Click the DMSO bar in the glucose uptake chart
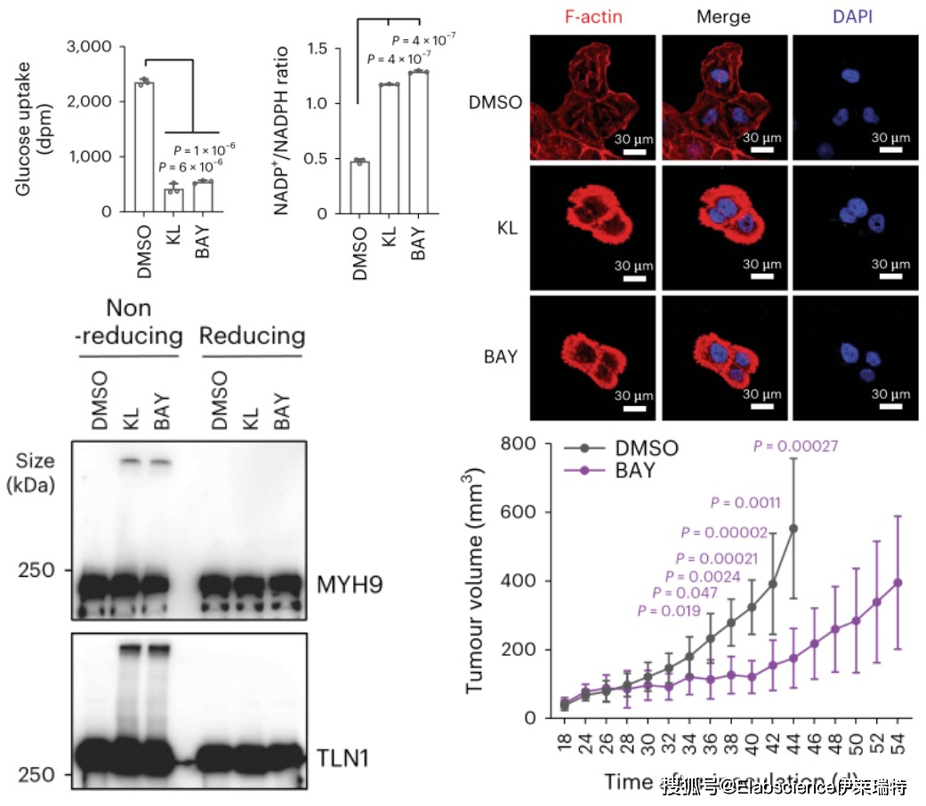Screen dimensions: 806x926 point(144,147)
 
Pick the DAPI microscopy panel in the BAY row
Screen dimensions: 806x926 point(854,356)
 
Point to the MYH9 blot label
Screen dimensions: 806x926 point(343,585)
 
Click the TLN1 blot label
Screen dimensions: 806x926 point(342,758)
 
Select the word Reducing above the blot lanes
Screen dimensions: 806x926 point(252,337)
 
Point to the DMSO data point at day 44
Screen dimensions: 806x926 point(793,529)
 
